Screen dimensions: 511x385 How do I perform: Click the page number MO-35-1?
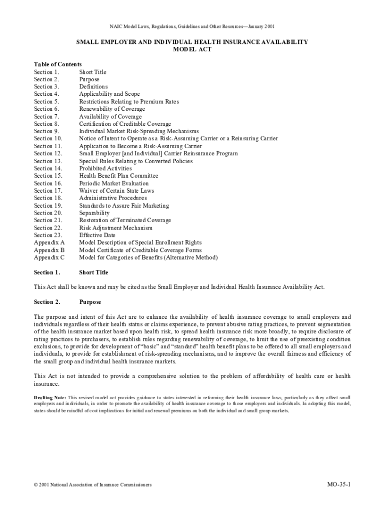(x=338, y=485)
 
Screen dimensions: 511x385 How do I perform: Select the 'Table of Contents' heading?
(x=57, y=64)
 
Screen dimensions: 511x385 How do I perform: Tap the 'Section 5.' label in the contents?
(x=46, y=101)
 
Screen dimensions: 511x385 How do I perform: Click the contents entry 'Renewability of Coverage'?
(x=112, y=109)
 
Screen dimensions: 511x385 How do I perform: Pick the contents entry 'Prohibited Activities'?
(x=105, y=168)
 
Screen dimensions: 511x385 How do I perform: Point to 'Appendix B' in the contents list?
(x=49, y=250)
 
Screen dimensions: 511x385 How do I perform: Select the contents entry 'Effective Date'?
(x=97, y=235)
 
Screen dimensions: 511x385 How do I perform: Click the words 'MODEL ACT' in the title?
(x=192, y=50)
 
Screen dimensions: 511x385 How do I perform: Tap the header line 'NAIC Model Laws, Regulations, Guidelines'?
(x=192, y=26)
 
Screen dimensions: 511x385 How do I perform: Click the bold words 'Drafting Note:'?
(x=49, y=397)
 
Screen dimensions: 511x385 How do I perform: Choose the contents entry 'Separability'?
(x=94, y=213)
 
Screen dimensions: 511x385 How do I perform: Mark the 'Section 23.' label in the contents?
(x=48, y=235)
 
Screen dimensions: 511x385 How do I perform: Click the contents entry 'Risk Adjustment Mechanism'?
(x=115, y=228)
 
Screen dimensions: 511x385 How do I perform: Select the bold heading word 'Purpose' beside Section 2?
(x=90, y=302)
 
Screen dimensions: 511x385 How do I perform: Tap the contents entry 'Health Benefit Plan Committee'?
(x=118, y=176)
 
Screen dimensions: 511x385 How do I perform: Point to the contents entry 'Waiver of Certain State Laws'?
(x=116, y=191)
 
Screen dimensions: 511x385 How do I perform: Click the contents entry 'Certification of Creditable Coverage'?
(x=125, y=124)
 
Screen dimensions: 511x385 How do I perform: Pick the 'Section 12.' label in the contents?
(x=48, y=154)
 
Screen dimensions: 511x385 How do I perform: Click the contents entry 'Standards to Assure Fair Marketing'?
(x=124, y=206)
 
